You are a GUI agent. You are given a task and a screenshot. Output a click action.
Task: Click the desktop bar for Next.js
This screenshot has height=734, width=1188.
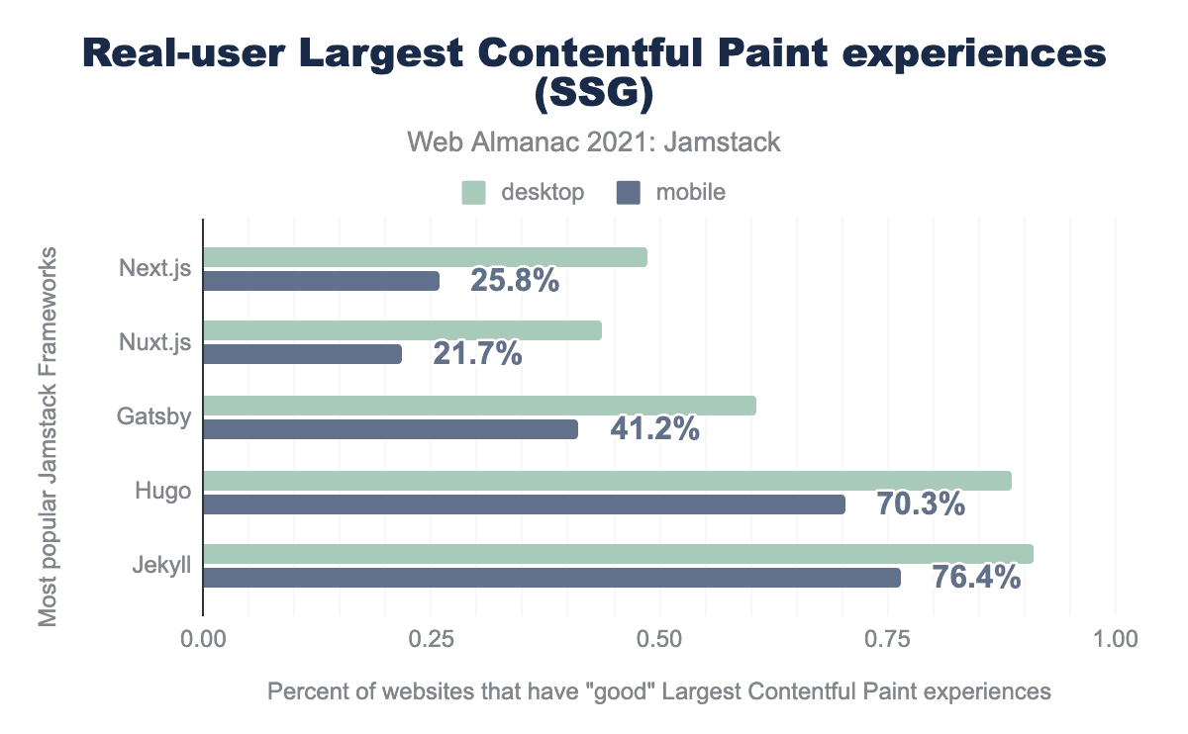425,257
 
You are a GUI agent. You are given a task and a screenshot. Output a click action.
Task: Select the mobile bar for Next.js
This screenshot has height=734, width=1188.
321,282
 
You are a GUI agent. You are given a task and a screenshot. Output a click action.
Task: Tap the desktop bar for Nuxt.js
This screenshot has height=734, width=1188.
402,331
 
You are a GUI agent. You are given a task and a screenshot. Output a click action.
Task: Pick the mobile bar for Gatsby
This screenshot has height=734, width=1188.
390,429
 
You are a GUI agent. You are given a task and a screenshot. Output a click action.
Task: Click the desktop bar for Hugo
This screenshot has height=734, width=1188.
607,481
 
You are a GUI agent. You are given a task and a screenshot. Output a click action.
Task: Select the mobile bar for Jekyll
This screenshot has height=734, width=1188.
551,578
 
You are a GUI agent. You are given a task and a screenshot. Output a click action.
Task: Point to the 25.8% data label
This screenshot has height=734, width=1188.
515,281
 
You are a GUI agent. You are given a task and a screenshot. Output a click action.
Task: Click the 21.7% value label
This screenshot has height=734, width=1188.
477,353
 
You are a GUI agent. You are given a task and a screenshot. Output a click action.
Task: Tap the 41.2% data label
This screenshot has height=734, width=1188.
654,429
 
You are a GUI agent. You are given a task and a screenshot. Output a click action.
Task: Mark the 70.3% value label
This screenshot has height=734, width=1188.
921,505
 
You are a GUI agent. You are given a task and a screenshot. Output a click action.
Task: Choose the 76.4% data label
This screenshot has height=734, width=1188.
976,577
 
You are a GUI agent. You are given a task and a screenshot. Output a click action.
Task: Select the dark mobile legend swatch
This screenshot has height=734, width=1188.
629,193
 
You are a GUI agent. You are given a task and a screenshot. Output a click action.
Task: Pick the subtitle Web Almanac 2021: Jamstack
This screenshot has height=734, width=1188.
594,142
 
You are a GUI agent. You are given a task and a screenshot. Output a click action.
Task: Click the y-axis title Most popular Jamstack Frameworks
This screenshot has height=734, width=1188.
48,435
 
